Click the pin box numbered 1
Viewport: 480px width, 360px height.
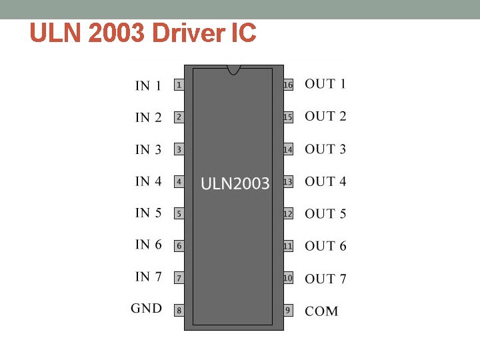click(179, 85)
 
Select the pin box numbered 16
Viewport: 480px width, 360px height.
click(288, 85)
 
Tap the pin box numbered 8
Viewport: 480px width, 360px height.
click(179, 310)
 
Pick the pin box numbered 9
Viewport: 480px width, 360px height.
click(288, 310)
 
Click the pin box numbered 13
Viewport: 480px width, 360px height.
click(288, 181)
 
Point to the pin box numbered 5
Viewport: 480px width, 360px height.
click(179, 214)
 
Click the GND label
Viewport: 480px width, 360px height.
click(146, 309)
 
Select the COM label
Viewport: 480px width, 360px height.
click(321, 311)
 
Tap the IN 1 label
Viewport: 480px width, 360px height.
click(148, 86)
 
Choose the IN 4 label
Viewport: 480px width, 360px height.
click(148, 181)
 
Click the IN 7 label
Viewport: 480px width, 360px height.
click(148, 277)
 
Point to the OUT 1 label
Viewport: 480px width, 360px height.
click(325, 84)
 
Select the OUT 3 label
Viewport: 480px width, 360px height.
click(325, 149)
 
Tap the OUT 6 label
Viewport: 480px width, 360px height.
click(325, 246)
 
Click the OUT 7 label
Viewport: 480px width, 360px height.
click(325, 279)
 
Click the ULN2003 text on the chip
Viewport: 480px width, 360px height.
click(235, 184)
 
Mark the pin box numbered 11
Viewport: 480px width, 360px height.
click(288, 246)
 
